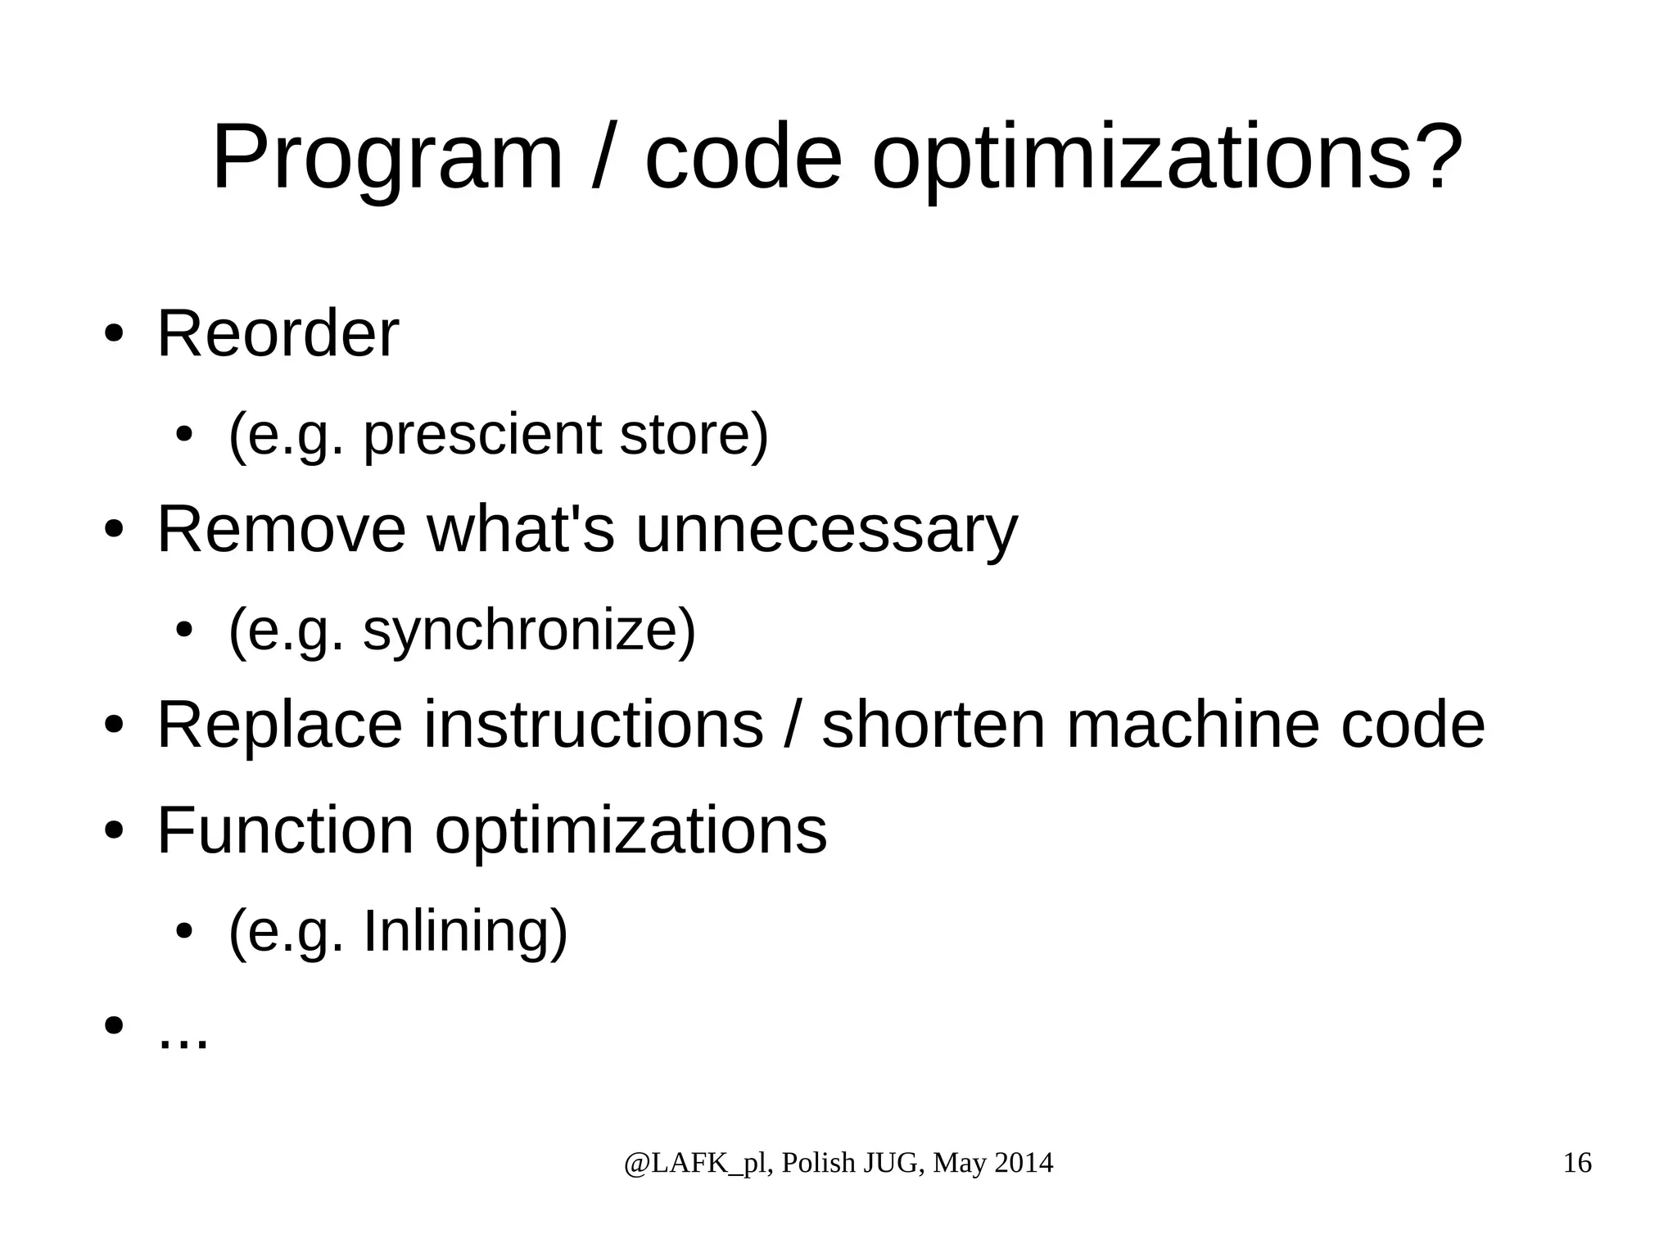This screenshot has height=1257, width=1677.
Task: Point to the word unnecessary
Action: (826, 530)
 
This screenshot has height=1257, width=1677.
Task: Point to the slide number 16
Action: (1577, 1163)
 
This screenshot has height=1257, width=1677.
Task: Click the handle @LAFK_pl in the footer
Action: (695, 1164)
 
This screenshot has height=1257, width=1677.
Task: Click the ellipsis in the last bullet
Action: (183, 1041)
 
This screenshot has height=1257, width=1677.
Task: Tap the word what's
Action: (520, 530)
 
